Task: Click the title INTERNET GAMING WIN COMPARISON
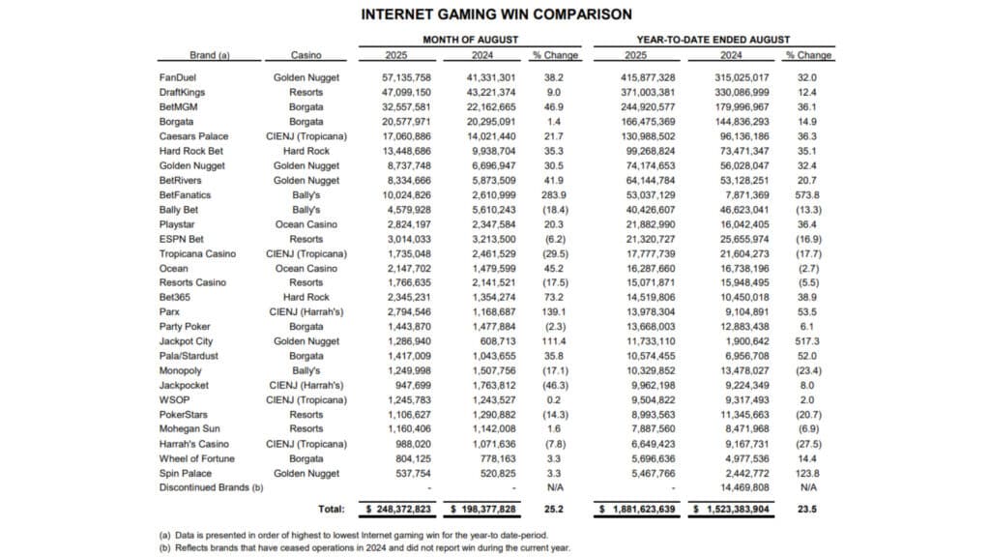[x=496, y=15]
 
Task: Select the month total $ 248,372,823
[x=398, y=507]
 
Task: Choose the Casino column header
[x=306, y=56]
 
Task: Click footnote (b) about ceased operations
[x=363, y=546]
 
